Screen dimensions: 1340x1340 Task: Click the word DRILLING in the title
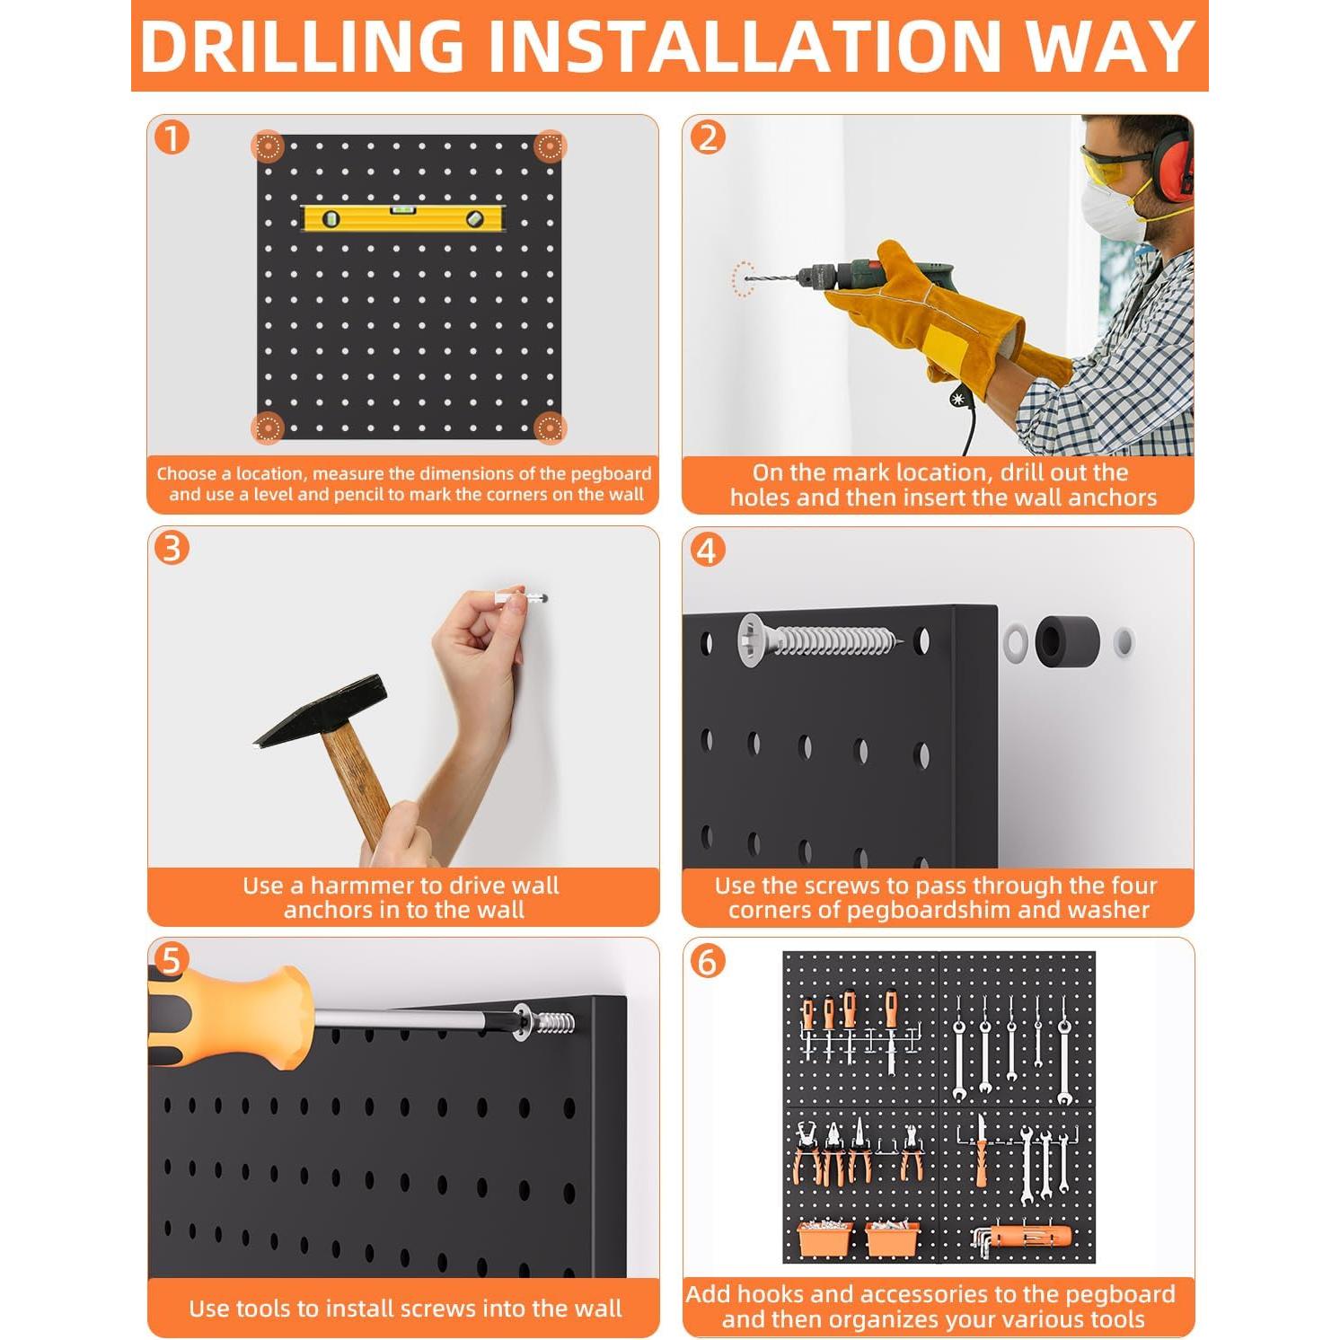point(302,46)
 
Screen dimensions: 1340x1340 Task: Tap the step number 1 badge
point(172,138)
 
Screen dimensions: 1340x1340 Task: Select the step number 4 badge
point(707,550)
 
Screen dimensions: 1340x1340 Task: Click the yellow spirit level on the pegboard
point(404,217)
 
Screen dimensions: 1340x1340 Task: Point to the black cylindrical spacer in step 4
point(1067,641)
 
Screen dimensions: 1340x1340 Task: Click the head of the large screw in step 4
point(752,639)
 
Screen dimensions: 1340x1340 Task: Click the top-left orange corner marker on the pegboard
point(268,146)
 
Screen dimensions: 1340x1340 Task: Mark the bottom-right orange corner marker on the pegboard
point(550,428)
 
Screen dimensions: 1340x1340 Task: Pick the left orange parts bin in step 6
point(825,1238)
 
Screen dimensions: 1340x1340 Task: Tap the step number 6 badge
point(707,961)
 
